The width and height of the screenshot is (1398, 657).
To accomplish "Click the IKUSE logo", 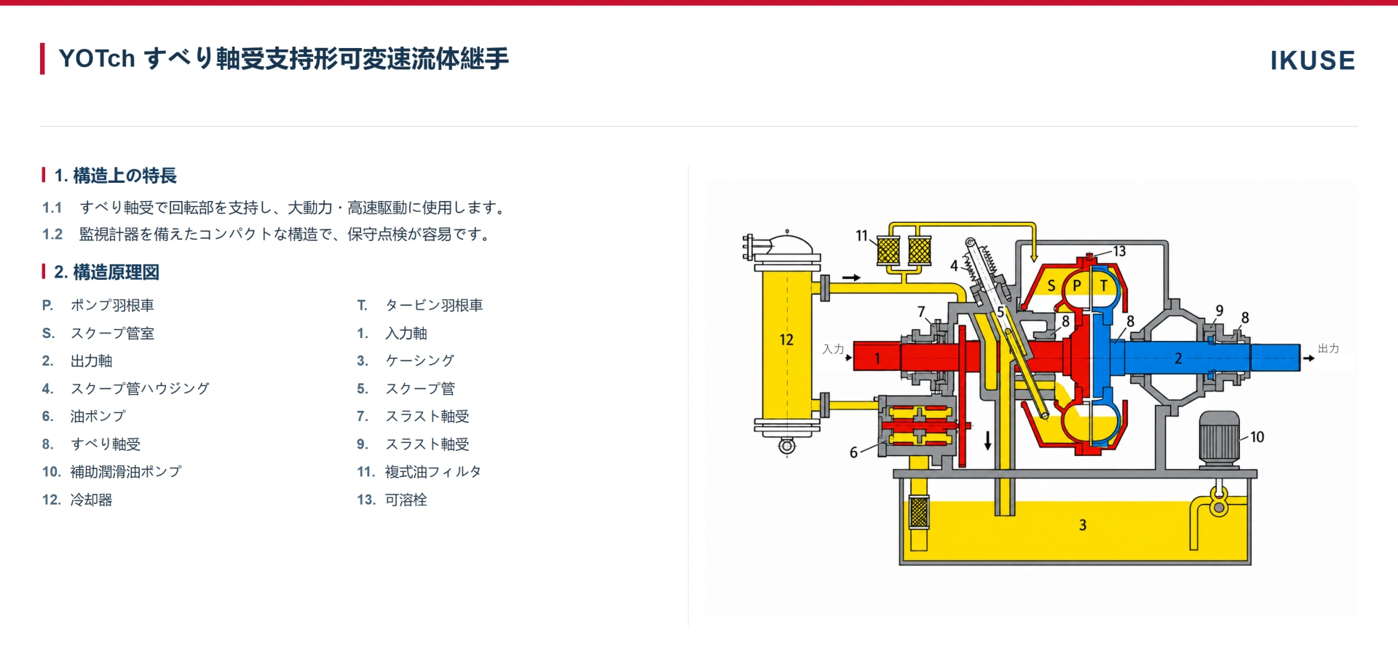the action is [x=1312, y=60].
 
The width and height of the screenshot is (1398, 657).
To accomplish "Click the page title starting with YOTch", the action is [x=283, y=58].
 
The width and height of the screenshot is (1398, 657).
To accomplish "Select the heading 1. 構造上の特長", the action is [x=115, y=176].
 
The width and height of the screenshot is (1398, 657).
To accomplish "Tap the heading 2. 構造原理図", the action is [x=106, y=272].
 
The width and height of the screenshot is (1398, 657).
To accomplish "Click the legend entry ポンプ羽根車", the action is [x=112, y=305].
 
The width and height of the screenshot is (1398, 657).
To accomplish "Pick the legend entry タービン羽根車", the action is [x=434, y=305].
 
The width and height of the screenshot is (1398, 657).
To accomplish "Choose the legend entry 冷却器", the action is [x=91, y=500].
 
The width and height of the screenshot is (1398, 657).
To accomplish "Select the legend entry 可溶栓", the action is [x=406, y=500].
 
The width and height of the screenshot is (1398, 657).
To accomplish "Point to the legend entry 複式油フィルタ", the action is [x=433, y=472].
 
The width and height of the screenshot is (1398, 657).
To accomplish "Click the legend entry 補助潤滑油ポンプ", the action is [x=126, y=472].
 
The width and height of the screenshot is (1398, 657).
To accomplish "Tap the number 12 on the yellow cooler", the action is [x=786, y=339].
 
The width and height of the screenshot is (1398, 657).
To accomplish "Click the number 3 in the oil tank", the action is [x=1083, y=525].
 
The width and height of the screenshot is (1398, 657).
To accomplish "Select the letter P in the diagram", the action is [x=1077, y=286].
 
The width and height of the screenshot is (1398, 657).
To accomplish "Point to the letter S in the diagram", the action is [x=1051, y=286].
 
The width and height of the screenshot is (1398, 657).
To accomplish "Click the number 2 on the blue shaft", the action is [x=1178, y=358].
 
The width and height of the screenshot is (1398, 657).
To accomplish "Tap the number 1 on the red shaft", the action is [x=877, y=358].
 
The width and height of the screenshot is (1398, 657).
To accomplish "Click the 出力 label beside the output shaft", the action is [x=1329, y=349].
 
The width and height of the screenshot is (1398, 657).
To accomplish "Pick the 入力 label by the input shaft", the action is [x=833, y=350].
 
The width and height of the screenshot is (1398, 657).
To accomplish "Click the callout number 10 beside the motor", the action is [x=1257, y=437].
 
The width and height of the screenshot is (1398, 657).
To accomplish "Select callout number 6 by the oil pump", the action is [x=854, y=452].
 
